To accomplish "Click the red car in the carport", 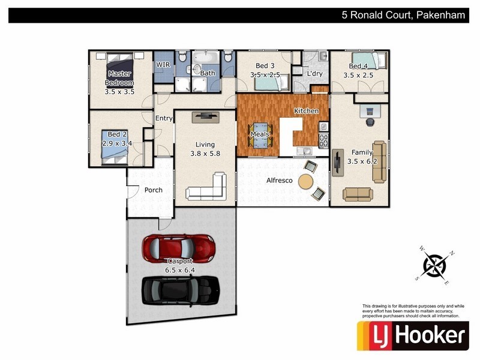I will point(179,247).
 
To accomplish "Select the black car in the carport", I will point(179,290).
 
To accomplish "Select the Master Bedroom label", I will point(119,78).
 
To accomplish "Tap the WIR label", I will point(163,64).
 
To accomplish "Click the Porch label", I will point(154,190).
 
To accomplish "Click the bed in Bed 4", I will point(373,61).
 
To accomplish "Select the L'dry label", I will point(314,74).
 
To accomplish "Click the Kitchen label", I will point(306,111).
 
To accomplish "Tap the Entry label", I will point(164,118).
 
